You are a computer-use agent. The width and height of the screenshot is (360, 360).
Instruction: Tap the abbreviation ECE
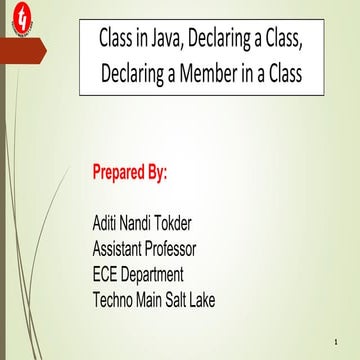(107, 273)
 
